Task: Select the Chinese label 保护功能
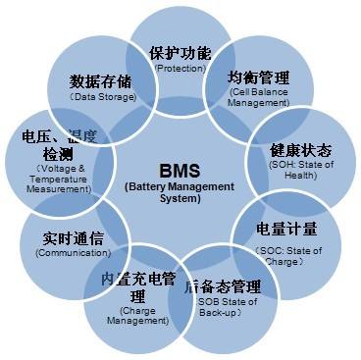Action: click(x=180, y=53)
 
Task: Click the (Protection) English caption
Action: click(x=180, y=69)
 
